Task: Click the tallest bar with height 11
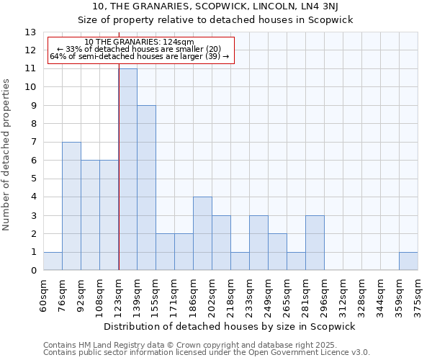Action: [127, 169]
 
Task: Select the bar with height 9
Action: [146, 188]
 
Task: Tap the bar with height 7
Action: [71, 206]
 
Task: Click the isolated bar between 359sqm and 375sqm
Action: [408, 261]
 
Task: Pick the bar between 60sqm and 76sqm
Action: [53, 261]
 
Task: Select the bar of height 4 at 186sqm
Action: [202, 233]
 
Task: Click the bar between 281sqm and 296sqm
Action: [315, 243]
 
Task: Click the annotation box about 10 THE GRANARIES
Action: [140, 50]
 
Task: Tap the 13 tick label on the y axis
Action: [30, 32]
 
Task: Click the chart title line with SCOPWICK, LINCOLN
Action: [215, 6]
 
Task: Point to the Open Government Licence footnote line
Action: [206, 352]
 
